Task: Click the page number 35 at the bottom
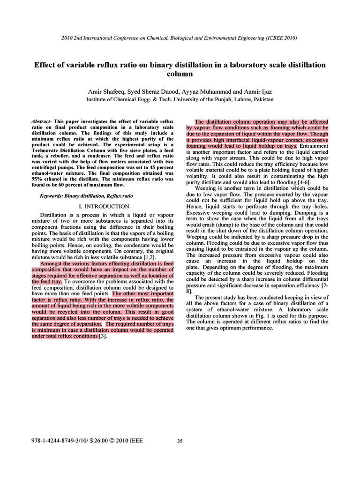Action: click(x=180, y=441)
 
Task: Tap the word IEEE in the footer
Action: click(x=135, y=441)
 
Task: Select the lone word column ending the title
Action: click(x=180, y=74)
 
